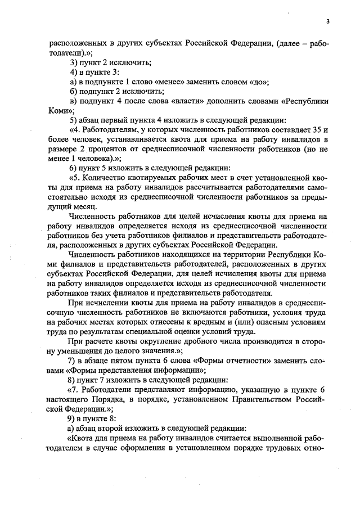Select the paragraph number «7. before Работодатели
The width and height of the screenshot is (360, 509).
[74, 389]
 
